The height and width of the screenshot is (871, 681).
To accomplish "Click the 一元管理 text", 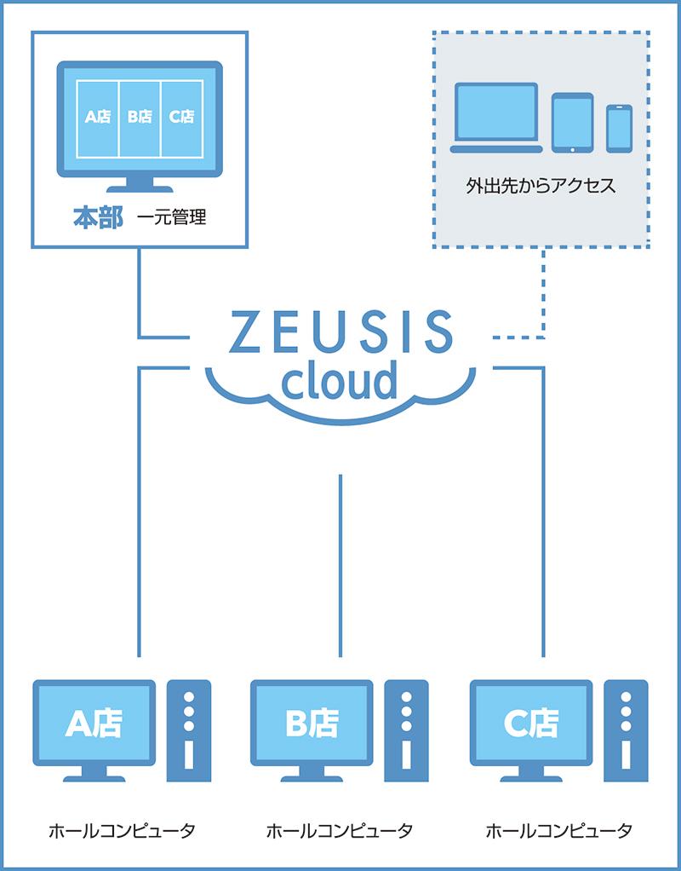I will (171, 218).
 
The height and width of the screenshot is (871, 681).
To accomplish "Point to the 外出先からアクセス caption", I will (541, 184).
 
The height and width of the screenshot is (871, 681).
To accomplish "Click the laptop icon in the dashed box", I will (496, 118).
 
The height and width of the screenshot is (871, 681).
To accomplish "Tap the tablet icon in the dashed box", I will (572, 122).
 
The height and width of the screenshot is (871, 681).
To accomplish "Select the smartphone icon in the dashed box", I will (619, 129).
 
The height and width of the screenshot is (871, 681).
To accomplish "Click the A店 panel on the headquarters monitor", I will (98, 118).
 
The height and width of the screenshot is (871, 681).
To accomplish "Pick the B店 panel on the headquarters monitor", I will (140, 118).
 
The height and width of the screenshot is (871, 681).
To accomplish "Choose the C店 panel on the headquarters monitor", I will (181, 118).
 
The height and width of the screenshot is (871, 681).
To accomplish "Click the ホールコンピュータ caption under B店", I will (340, 829).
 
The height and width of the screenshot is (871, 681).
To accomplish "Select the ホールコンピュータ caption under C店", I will (558, 829).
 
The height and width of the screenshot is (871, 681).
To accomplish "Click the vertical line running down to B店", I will (340, 562).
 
